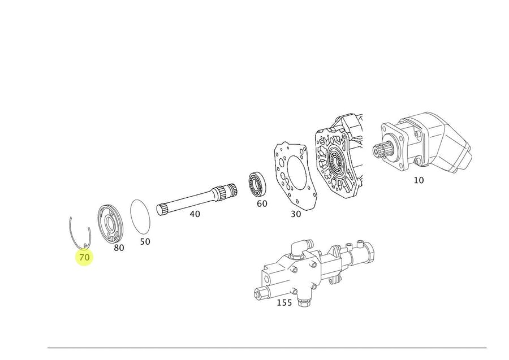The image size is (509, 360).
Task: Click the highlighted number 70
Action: (84, 257)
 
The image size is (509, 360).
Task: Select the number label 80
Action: (119, 248)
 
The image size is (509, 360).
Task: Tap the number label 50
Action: (145, 241)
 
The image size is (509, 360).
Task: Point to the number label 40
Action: (195, 214)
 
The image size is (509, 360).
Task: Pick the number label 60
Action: (262, 203)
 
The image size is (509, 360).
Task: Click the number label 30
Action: (296, 214)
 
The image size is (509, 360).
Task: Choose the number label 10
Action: (419, 180)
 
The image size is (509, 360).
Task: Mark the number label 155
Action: (284, 303)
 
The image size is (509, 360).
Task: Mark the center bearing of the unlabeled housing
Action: (336, 163)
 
